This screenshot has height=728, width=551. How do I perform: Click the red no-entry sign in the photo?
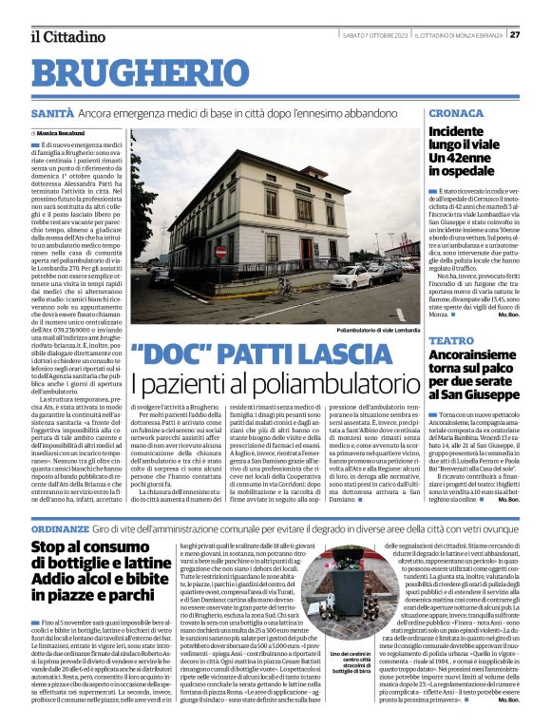pos(221,253)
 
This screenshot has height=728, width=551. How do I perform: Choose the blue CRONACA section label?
pos(454,113)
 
